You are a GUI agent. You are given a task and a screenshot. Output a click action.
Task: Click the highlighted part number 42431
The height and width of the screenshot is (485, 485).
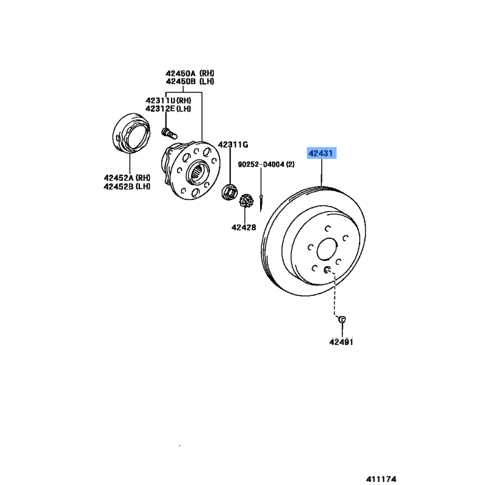[x=321, y=154]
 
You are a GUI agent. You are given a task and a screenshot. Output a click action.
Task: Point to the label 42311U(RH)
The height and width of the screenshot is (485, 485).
[x=168, y=100]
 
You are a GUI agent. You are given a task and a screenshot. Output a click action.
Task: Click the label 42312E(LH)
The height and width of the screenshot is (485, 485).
[x=168, y=109]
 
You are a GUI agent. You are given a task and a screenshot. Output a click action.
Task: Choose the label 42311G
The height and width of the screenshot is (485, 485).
[x=233, y=144]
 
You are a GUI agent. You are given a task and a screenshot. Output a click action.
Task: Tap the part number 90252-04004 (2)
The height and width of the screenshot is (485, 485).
[x=266, y=164]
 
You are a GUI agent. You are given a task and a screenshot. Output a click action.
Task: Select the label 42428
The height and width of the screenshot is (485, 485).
[x=243, y=227]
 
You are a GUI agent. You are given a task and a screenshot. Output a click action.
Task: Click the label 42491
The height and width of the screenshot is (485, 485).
[x=341, y=342]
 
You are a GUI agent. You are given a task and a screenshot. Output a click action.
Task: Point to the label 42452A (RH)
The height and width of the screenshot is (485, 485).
[x=127, y=178]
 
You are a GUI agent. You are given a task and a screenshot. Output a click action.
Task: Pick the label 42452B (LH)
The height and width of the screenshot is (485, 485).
[x=127, y=186]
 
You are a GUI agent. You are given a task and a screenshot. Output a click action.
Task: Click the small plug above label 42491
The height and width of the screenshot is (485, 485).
[x=341, y=319]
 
